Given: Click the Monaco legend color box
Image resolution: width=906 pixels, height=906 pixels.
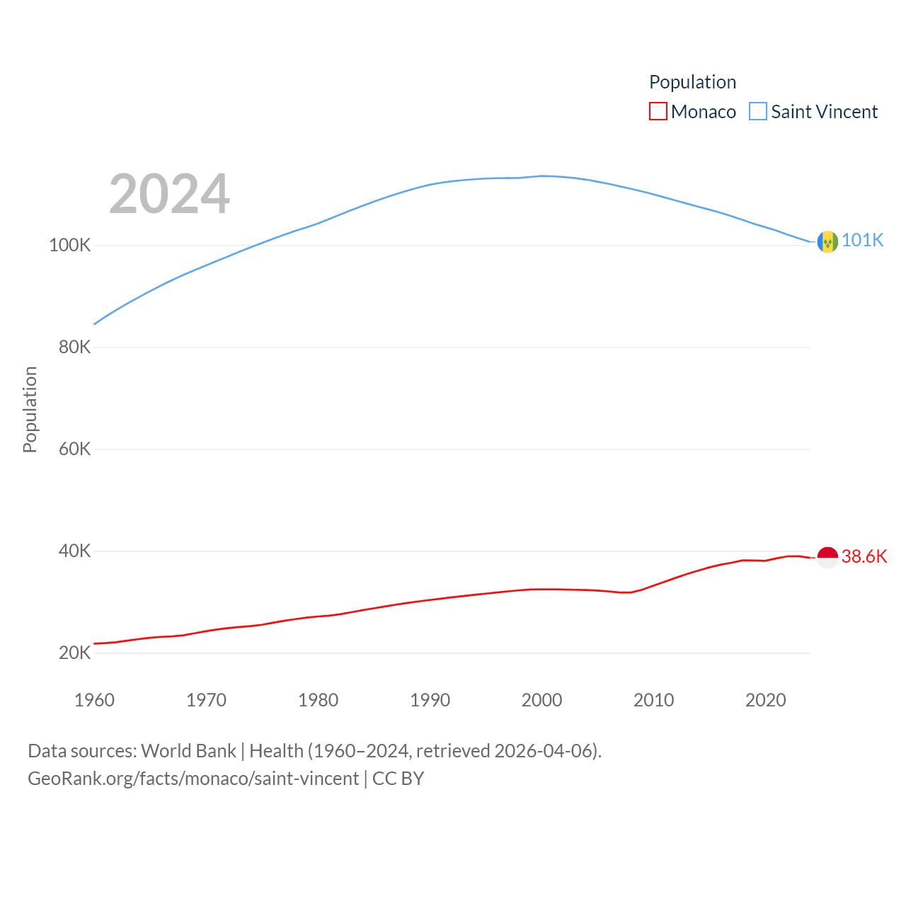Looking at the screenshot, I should pyautogui.click(x=658, y=112).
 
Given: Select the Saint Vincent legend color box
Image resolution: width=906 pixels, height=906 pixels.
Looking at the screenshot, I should pyautogui.click(x=757, y=112).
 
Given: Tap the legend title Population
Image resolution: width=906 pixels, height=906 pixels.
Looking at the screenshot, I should pyautogui.click(x=692, y=82).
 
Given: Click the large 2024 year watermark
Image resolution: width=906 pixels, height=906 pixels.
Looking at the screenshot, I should pyautogui.click(x=169, y=194).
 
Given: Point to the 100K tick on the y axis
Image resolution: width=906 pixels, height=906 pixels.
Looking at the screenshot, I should pyautogui.click(x=70, y=246).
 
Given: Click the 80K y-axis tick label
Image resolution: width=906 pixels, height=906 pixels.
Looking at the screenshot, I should pyautogui.click(x=74, y=348).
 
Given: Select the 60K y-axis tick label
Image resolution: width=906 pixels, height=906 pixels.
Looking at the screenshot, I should pyautogui.click(x=74, y=449).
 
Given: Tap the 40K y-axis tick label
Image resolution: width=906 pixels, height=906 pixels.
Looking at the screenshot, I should pyautogui.click(x=74, y=551).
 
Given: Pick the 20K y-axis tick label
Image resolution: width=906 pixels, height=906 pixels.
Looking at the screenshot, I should pyautogui.click(x=74, y=653).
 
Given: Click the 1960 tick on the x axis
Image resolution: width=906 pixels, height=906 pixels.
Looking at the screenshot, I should pyautogui.click(x=94, y=700).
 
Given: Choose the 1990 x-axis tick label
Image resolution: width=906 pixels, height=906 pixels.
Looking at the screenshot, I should pyautogui.click(x=430, y=700).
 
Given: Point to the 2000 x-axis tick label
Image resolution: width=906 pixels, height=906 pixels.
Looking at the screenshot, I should pyautogui.click(x=541, y=700).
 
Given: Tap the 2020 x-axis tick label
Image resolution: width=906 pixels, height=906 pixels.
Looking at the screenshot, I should pyautogui.click(x=765, y=700).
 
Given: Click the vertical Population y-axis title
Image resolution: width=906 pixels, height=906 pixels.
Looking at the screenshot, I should pyautogui.click(x=30, y=409).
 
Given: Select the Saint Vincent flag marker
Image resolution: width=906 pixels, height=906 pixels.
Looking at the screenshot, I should pyautogui.click(x=827, y=242).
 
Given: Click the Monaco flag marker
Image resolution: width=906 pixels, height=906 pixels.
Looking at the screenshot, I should pyautogui.click(x=827, y=557).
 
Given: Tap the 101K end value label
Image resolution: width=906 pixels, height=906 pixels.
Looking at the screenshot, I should pyautogui.click(x=862, y=241).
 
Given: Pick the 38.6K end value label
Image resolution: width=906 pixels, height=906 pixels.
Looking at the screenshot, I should pyautogui.click(x=864, y=557).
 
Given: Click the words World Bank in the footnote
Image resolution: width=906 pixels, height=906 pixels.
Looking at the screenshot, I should pyautogui.click(x=188, y=751).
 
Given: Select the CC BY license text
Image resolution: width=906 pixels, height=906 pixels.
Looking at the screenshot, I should pyautogui.click(x=398, y=779).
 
